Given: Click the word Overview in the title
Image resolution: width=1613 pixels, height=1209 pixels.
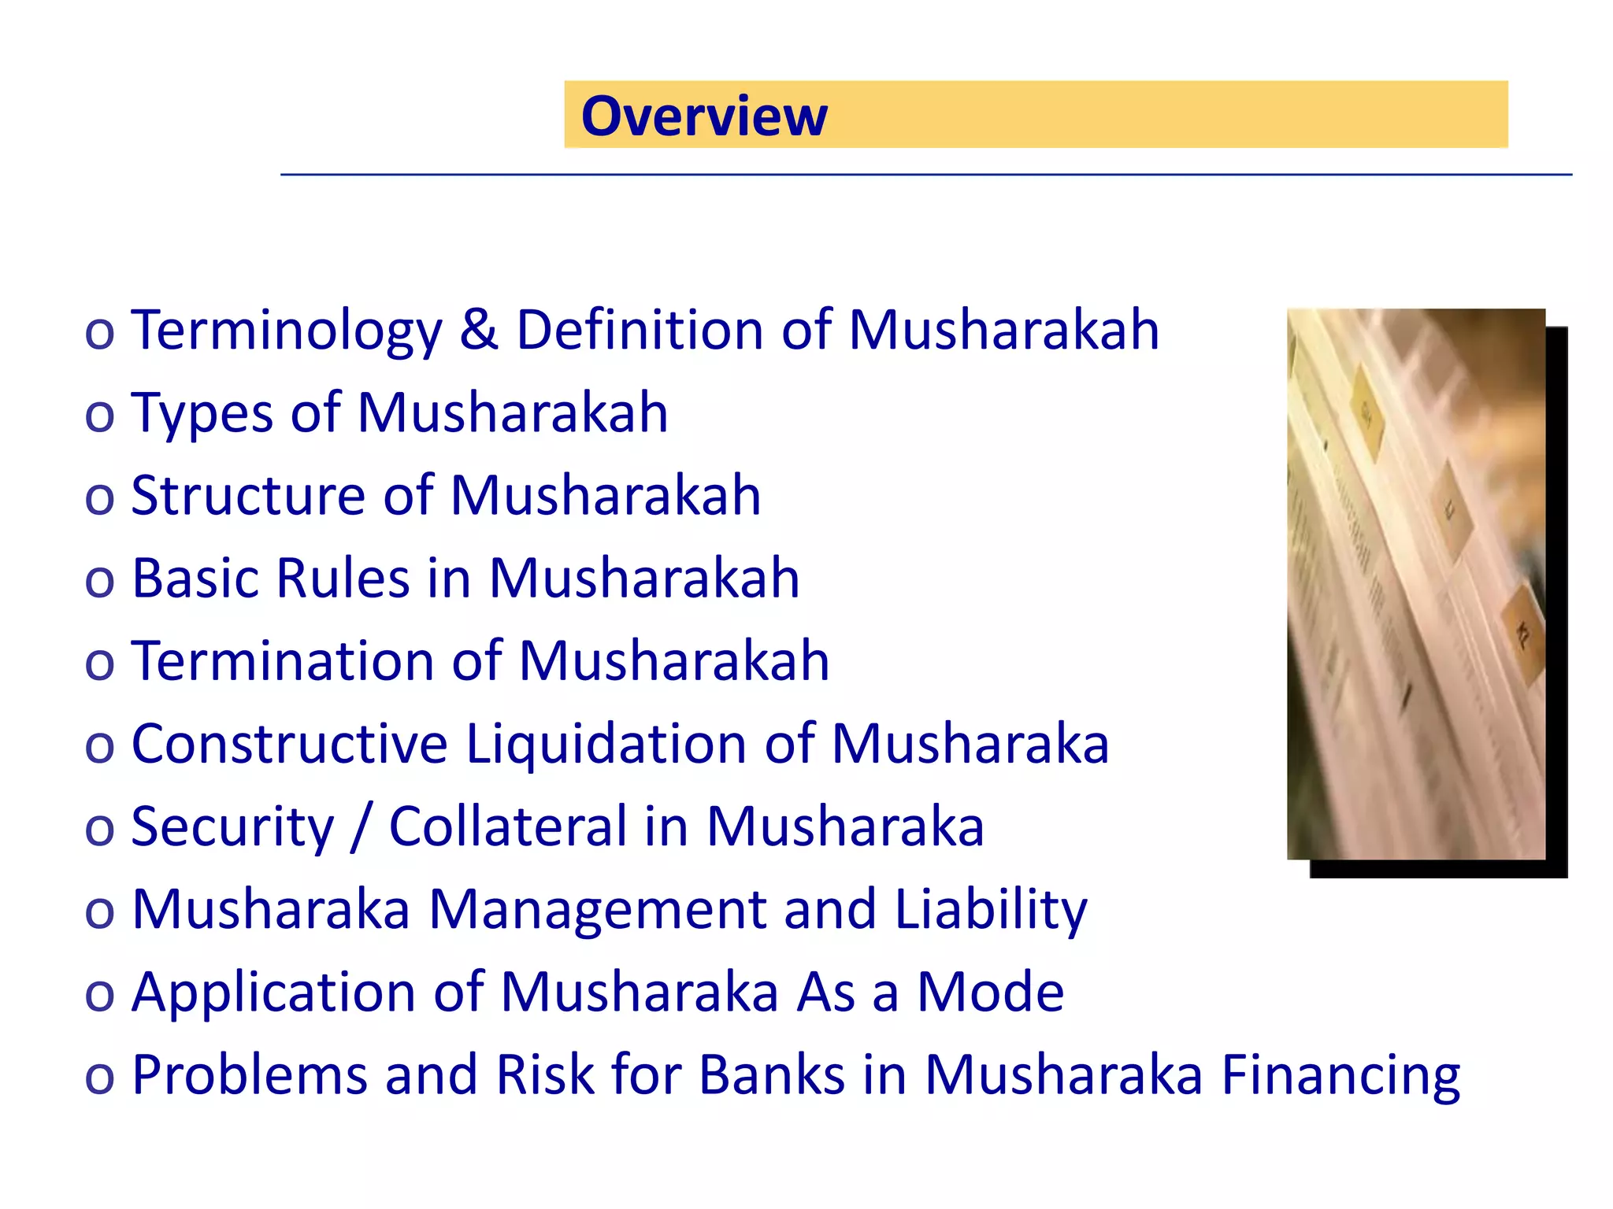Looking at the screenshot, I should click(x=704, y=116).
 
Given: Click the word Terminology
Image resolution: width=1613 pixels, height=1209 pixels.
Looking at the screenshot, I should click(x=287, y=331).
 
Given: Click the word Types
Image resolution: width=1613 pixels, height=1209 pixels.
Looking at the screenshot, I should click(x=202, y=414).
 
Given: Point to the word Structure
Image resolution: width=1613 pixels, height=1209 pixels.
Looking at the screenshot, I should click(x=248, y=496).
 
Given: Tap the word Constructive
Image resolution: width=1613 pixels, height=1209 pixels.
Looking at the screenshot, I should click(x=289, y=744).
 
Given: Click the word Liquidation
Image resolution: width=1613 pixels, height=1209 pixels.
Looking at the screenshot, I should click(x=606, y=744).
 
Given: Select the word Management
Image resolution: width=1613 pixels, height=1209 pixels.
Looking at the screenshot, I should click(x=596, y=910).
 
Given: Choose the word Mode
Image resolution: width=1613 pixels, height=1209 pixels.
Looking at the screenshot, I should click(x=990, y=992).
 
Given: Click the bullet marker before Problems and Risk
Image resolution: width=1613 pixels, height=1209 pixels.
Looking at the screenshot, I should click(x=99, y=1077).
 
